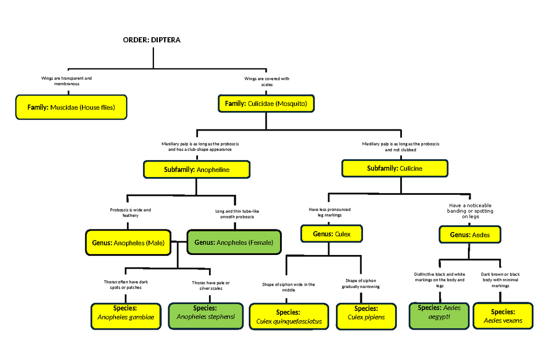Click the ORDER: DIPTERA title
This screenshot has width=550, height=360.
tap(152, 40)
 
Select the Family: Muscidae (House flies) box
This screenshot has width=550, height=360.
tap(71, 107)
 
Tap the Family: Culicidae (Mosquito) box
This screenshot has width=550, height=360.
tap(266, 104)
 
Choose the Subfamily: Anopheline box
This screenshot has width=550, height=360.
tap(197, 170)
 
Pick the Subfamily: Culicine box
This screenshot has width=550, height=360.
tap(395, 168)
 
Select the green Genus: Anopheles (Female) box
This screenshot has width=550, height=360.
tap(234, 243)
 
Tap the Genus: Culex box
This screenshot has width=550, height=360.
tap(332, 234)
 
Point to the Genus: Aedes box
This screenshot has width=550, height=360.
tap(470, 235)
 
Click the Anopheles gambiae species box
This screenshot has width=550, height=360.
tap(126, 316)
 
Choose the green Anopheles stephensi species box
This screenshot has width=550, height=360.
tap(205, 316)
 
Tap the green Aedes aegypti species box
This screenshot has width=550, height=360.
tap(439, 316)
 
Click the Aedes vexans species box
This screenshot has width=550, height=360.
tap(503, 316)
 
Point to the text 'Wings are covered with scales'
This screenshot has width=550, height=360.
tap(267, 82)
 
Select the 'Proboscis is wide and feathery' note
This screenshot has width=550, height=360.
tap(130, 212)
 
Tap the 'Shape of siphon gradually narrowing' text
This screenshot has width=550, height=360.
tap(361, 283)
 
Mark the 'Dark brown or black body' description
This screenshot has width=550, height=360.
tap(500, 280)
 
